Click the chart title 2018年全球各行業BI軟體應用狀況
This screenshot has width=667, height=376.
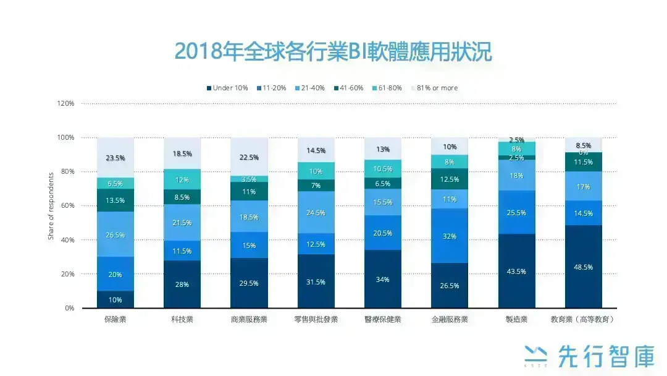pyautogui.click(x=333, y=52)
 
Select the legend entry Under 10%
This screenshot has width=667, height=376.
pyautogui.click(x=227, y=88)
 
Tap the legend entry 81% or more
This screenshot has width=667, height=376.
pyautogui.click(x=434, y=88)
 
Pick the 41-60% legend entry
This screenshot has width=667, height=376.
pyautogui.click(x=348, y=88)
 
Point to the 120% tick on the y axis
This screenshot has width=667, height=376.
pyautogui.click(x=65, y=103)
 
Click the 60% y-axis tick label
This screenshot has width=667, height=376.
pyautogui.click(x=67, y=206)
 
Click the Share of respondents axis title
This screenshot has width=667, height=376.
pyautogui.click(x=51, y=206)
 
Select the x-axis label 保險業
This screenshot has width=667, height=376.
pyautogui.click(x=115, y=319)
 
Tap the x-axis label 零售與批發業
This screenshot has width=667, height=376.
pyautogui.click(x=316, y=319)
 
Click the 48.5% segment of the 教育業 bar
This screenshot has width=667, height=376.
pyautogui.click(x=583, y=267)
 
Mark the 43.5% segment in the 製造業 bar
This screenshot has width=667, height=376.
pyautogui.click(x=516, y=271)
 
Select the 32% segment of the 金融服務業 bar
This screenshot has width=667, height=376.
pyautogui.click(x=450, y=236)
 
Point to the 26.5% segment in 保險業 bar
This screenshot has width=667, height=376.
pyautogui.click(x=115, y=234)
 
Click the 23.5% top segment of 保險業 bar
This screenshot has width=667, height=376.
pyautogui.click(x=115, y=158)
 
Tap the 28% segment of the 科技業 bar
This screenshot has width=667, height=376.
pyautogui.click(x=182, y=284)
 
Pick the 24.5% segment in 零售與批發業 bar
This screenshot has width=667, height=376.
pyautogui.click(x=316, y=213)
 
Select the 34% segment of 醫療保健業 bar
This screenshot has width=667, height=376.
pyautogui.click(x=383, y=279)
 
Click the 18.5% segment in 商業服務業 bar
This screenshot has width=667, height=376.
pyautogui.click(x=249, y=216)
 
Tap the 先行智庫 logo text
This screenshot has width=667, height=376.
pyautogui.click(x=605, y=356)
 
